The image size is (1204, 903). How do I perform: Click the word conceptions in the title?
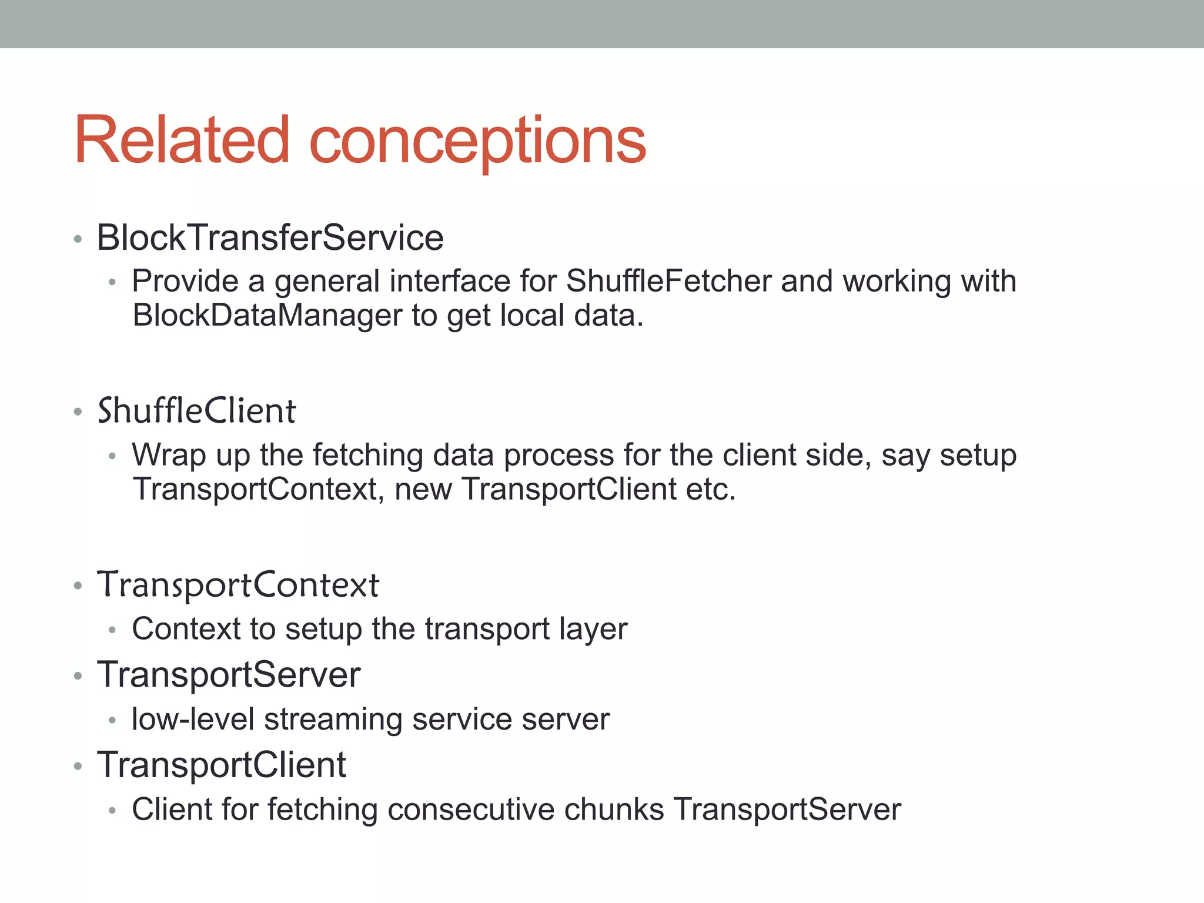(x=477, y=141)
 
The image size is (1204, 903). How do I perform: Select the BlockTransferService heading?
(x=270, y=238)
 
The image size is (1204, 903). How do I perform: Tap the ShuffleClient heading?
(x=196, y=410)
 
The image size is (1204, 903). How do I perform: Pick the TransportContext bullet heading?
(x=238, y=584)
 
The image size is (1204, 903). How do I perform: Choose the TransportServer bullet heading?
(x=229, y=674)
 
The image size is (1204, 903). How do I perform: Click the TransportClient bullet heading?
(x=222, y=765)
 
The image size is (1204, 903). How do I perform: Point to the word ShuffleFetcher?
(x=668, y=281)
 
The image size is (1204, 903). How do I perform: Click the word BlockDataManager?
(x=267, y=315)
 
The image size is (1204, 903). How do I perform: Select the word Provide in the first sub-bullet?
(x=185, y=281)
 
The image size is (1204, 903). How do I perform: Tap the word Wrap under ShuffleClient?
(x=169, y=455)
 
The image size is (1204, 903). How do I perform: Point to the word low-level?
(x=193, y=719)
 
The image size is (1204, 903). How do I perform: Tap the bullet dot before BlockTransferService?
(x=78, y=239)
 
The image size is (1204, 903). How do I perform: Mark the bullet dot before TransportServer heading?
(x=78, y=676)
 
